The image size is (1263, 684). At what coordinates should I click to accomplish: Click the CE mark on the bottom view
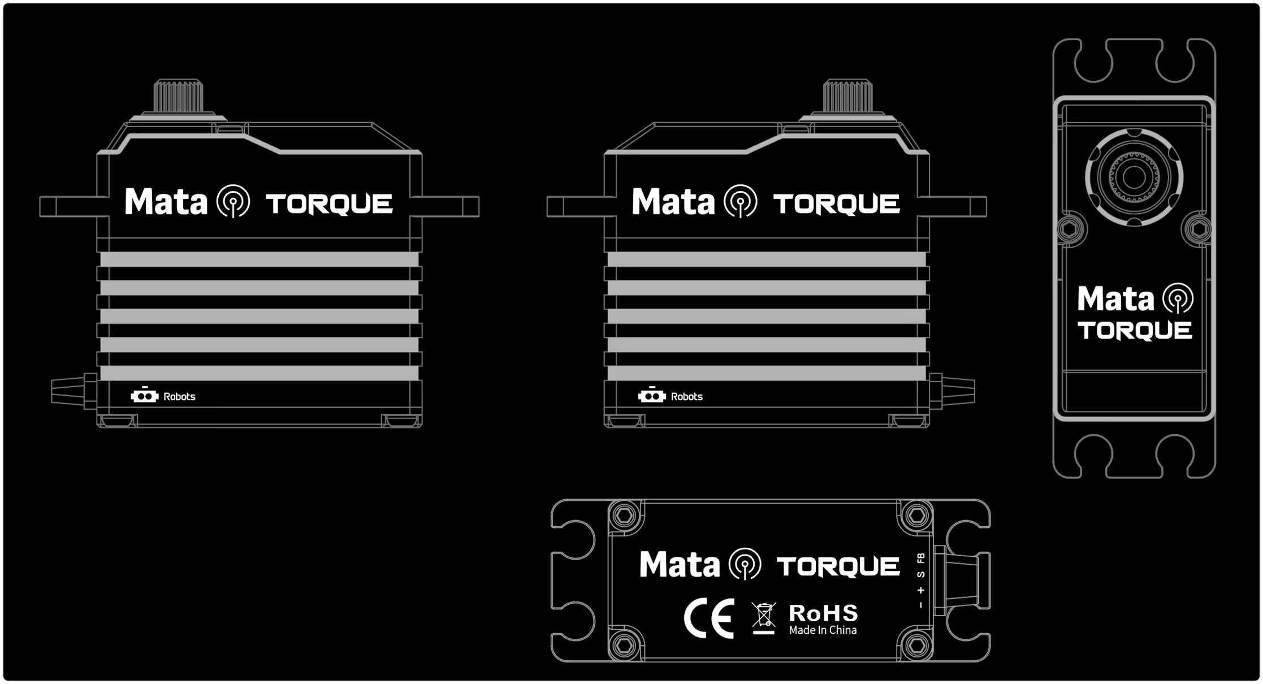[x=708, y=618]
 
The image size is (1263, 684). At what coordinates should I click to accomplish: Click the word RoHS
[x=823, y=613]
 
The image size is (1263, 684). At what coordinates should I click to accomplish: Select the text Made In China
[x=823, y=630]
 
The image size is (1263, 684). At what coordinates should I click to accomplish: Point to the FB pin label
[x=921, y=558]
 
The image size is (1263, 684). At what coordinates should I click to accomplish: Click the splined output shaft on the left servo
[x=178, y=96]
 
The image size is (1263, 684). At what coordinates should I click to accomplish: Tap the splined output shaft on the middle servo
[x=847, y=96]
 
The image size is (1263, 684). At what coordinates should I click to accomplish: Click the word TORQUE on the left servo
[x=329, y=204]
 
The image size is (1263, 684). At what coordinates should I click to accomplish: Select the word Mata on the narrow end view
[x=1115, y=298]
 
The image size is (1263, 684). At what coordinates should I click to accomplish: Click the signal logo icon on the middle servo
[x=741, y=201]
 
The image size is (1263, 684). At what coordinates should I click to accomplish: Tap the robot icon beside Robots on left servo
[x=144, y=396]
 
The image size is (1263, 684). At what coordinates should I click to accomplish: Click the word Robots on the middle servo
[x=686, y=397]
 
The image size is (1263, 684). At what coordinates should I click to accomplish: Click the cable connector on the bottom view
[x=961, y=580]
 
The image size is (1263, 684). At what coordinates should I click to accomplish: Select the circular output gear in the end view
[x=1134, y=177]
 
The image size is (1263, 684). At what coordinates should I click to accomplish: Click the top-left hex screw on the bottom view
[x=624, y=516]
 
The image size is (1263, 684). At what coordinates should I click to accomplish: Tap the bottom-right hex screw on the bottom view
[x=916, y=644]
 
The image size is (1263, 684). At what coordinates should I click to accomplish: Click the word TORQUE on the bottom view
[x=838, y=566]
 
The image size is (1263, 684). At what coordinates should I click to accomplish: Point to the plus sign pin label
[x=921, y=590]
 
